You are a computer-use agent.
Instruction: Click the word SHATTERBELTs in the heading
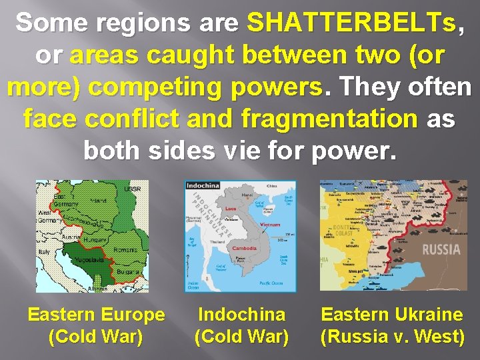[x=352, y=23]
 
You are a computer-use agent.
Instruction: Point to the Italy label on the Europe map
[x=44, y=251]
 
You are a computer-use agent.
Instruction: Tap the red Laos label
[x=230, y=209]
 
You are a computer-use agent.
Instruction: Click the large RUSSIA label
[x=441, y=250]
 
